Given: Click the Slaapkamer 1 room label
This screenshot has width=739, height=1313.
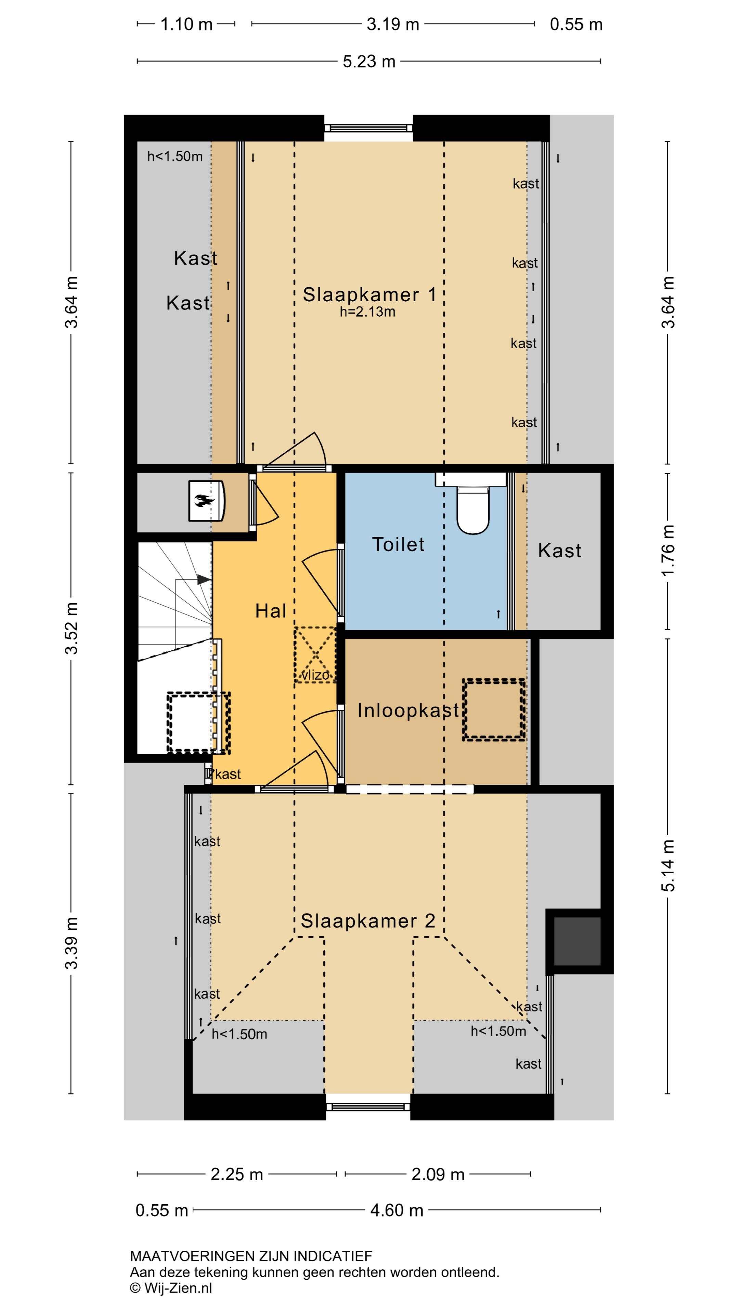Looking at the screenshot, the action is (369, 295).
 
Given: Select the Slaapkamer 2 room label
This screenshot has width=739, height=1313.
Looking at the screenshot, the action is (368, 920).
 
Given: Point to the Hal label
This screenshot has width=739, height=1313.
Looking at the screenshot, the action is (270, 611).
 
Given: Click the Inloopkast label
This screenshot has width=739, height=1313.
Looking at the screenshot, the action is (408, 710).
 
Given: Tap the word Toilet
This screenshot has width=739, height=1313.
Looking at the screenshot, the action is (398, 544).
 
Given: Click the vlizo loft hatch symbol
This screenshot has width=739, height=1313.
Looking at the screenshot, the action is (315, 655).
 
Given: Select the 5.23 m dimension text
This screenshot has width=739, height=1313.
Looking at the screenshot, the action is (369, 62).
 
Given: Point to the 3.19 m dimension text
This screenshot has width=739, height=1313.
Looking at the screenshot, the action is (393, 24).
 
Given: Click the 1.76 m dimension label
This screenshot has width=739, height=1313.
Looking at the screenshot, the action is (668, 551).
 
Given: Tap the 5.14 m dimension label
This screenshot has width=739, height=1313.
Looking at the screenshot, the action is (668, 865).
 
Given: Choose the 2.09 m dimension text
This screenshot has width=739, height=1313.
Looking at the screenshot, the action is (438, 1175).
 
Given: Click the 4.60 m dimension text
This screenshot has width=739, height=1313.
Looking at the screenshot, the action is (397, 1210).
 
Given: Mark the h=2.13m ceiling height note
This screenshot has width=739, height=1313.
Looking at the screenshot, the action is (367, 311).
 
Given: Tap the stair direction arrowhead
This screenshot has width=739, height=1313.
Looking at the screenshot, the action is (204, 580).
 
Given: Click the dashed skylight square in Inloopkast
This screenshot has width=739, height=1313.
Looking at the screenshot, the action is (494, 709).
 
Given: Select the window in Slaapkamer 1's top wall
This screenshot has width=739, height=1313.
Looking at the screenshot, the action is (368, 128).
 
